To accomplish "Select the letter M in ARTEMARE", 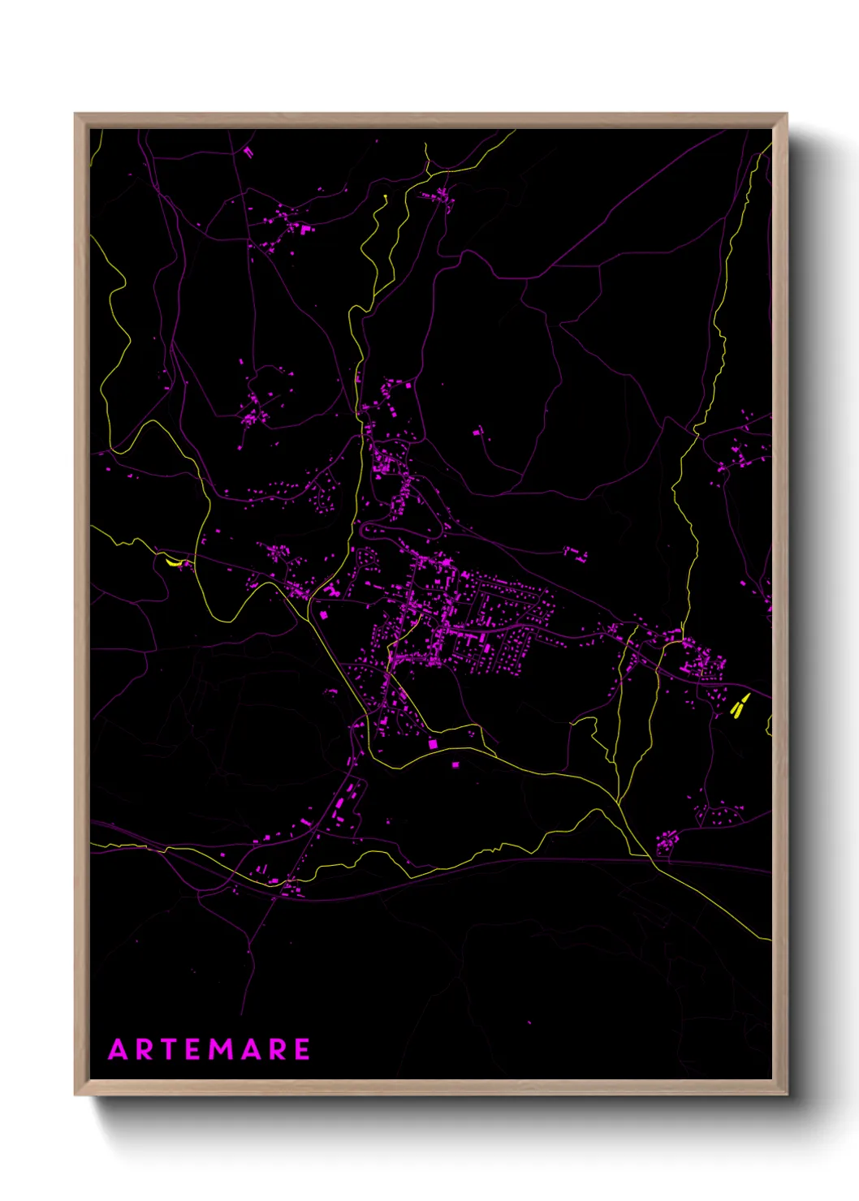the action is click(221, 1049).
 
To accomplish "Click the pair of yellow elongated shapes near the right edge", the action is click(740, 706).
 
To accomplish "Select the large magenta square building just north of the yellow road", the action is click(433, 743).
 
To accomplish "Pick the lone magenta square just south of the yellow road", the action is click(455, 764).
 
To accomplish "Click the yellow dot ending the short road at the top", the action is click(384, 196).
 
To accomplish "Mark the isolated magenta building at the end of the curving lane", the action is click(478, 433).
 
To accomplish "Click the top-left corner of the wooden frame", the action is click(76, 115).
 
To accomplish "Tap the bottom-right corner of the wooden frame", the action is click(786, 1094).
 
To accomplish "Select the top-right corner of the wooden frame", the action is click(786, 115).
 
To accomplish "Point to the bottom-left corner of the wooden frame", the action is click(76, 1094).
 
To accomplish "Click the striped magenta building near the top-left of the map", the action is click(248, 151).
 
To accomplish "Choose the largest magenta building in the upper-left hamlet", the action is click(307, 230).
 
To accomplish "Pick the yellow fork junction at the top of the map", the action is click(428, 171).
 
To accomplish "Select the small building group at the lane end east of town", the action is click(576, 554).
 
